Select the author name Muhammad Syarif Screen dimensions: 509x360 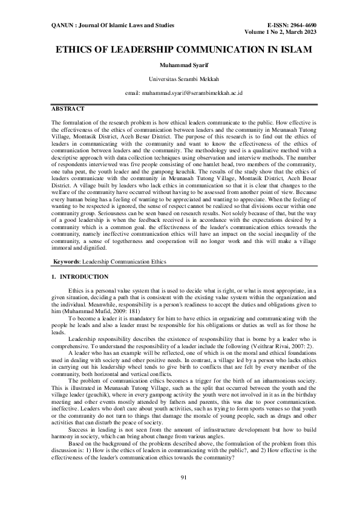(x=180, y=65)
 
